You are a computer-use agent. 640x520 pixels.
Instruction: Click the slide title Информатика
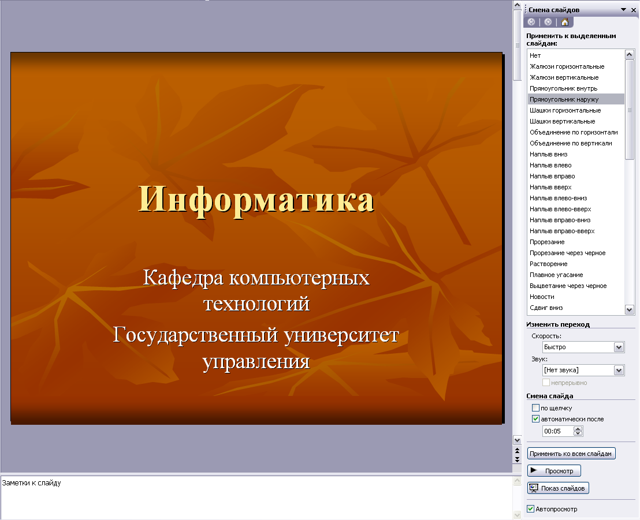pyautogui.click(x=256, y=200)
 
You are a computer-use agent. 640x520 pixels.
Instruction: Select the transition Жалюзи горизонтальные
pyautogui.click(x=567, y=66)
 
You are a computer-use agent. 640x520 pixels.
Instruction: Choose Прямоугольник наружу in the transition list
pyautogui.click(x=564, y=99)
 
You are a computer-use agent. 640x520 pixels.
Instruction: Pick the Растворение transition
pyautogui.click(x=549, y=264)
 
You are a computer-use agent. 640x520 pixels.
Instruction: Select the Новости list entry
pyautogui.click(x=542, y=297)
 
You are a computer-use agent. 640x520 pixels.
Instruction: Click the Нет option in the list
pyautogui.click(x=535, y=55)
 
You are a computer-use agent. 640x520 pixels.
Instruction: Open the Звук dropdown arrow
pyautogui.click(x=619, y=371)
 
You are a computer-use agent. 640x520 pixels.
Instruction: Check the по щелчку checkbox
pyautogui.click(x=536, y=408)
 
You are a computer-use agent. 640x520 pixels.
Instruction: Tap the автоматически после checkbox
pyautogui.click(x=536, y=419)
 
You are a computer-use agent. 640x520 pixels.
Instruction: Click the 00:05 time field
pyautogui.click(x=557, y=431)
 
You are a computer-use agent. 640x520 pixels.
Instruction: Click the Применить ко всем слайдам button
pyautogui.click(x=571, y=454)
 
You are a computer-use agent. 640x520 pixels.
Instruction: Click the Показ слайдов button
pyautogui.click(x=558, y=488)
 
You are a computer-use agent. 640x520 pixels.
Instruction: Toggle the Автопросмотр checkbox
pyautogui.click(x=531, y=509)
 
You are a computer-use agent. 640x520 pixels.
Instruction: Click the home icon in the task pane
pyautogui.click(x=565, y=22)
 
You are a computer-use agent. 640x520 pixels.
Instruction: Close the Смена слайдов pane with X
pyautogui.click(x=634, y=10)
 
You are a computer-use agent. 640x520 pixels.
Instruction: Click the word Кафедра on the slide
pyautogui.click(x=183, y=278)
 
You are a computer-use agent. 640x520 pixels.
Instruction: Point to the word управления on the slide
pyautogui.click(x=256, y=361)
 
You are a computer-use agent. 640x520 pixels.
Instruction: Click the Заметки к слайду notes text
pyautogui.click(x=31, y=483)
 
